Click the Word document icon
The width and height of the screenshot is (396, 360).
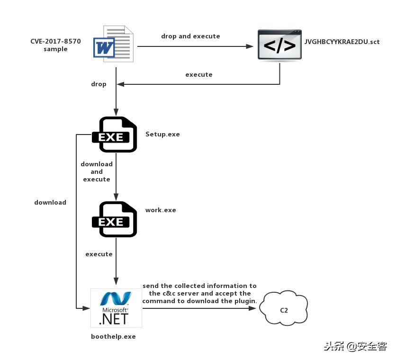pyautogui.click(x=114, y=45)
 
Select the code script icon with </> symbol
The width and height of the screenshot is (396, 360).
pyautogui.click(x=279, y=45)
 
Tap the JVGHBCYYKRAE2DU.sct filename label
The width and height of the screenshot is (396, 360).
pyautogui.click(x=342, y=42)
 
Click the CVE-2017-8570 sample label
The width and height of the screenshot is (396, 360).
pyautogui.click(x=55, y=45)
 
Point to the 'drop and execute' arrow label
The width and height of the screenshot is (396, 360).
pyautogui.click(x=190, y=36)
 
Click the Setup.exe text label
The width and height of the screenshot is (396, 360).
pyautogui.click(x=162, y=134)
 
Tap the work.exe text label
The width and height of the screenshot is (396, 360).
pyautogui.click(x=161, y=210)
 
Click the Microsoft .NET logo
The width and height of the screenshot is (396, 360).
pyautogui.click(x=116, y=308)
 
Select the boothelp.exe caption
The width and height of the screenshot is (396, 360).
pyautogui.click(x=113, y=336)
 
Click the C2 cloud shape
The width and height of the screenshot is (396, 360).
pyautogui.click(x=284, y=308)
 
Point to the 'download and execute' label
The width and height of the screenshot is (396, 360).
pyautogui.click(x=97, y=171)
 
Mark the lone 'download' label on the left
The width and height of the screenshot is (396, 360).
pyautogui.click(x=50, y=202)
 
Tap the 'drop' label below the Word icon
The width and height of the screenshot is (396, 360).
pyautogui.click(x=99, y=84)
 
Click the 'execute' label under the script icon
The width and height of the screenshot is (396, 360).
pyautogui.click(x=198, y=74)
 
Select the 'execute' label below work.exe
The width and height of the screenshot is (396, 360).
pyautogui.click(x=99, y=254)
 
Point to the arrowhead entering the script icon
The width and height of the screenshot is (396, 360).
pyautogui.click(x=252, y=46)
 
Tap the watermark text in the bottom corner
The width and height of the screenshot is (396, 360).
pyautogui.click(x=355, y=346)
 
